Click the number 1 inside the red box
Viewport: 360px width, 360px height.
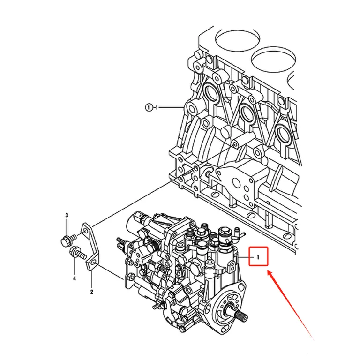[258, 257]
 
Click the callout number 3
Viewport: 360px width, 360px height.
[67, 215]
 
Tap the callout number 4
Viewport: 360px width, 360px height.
[74, 278]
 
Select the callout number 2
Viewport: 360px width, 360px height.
[91, 292]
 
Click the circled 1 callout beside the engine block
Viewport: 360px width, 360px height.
[149, 107]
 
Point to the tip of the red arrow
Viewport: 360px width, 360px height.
[268, 271]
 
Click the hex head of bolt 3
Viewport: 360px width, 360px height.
[65, 241]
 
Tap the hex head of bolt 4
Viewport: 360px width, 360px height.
[75, 251]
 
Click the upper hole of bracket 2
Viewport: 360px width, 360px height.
[86, 231]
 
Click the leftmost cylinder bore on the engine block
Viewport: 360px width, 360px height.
[238, 39]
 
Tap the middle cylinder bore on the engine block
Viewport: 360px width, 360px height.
[274, 59]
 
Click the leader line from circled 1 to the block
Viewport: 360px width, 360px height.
[170, 107]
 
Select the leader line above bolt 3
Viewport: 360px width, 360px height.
[67, 227]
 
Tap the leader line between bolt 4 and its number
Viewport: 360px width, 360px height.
[75, 266]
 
